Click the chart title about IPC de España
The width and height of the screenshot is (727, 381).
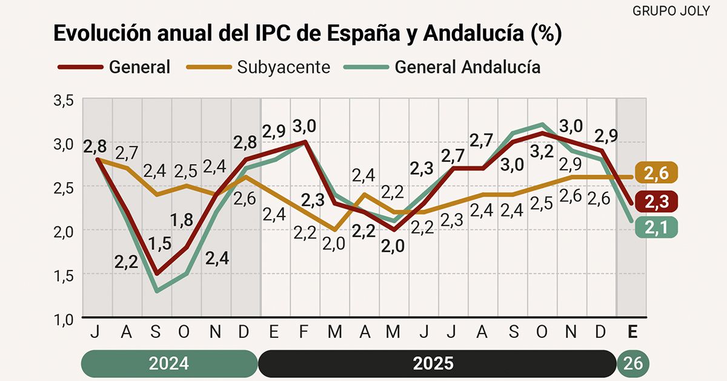pyautogui.click(x=308, y=34)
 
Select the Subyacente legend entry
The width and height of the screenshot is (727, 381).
pyautogui.click(x=267, y=66)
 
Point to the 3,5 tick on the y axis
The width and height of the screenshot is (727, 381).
pyautogui.click(x=64, y=101)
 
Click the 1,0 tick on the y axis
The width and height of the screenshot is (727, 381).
pyautogui.click(x=64, y=319)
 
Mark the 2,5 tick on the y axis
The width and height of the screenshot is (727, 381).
pyautogui.click(x=64, y=188)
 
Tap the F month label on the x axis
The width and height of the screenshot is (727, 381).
pyautogui.click(x=305, y=332)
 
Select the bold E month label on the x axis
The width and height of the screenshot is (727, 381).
pyautogui.click(x=632, y=332)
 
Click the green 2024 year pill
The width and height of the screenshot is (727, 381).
pyautogui.click(x=169, y=363)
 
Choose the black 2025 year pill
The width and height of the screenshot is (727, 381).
pyautogui.click(x=433, y=363)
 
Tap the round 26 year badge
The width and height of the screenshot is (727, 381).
pyautogui.click(x=634, y=363)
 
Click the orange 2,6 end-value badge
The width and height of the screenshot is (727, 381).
pyautogui.click(x=656, y=173)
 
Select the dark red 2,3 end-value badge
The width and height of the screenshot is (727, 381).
pyautogui.click(x=656, y=201)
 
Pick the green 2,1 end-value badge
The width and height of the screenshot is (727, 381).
pyautogui.click(x=656, y=228)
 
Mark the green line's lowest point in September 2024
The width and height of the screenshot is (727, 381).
pyautogui.click(x=157, y=291)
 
